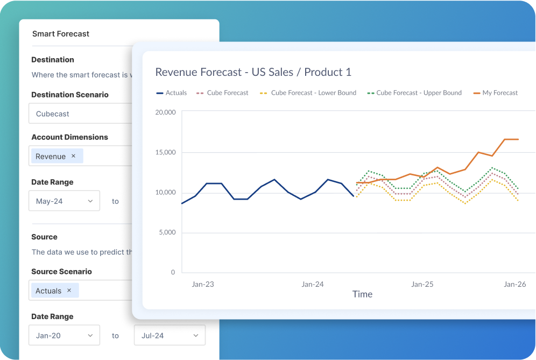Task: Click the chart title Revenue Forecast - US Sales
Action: [x=253, y=72]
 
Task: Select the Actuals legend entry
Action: [x=172, y=93]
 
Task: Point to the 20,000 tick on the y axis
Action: [x=165, y=112]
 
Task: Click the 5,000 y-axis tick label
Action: [x=166, y=232]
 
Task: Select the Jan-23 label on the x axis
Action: [x=203, y=284]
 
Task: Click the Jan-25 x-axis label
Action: [x=422, y=284]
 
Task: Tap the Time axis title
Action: [x=362, y=294]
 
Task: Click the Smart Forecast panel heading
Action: [x=61, y=34]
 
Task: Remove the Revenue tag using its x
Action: [x=74, y=156]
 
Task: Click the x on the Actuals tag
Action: [x=69, y=291]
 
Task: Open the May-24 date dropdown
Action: [x=64, y=201]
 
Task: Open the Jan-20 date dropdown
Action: [x=64, y=335]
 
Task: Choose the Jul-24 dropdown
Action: [x=170, y=335]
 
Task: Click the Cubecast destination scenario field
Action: [x=81, y=114]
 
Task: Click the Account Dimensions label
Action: [x=69, y=137]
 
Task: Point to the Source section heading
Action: [x=44, y=237]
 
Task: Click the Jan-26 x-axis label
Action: [x=514, y=284]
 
